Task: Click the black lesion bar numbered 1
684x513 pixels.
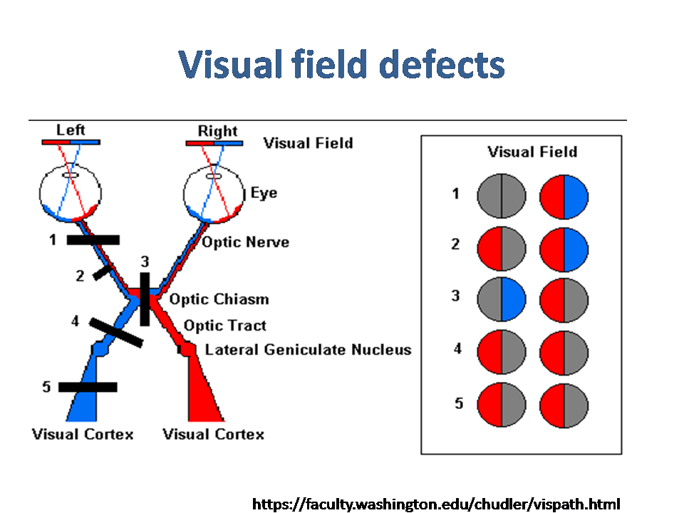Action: pyautogui.click(x=93, y=240)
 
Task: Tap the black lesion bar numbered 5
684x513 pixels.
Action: pyautogui.click(x=88, y=387)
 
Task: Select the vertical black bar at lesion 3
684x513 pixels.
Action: pyautogui.click(x=145, y=299)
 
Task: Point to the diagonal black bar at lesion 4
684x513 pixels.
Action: pyautogui.click(x=116, y=333)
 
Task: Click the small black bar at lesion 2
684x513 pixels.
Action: pyautogui.click(x=103, y=271)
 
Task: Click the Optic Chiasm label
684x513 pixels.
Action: pyautogui.click(x=219, y=299)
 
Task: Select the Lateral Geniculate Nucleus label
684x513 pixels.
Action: pyautogui.click(x=308, y=349)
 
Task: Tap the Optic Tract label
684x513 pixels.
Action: pyautogui.click(x=224, y=326)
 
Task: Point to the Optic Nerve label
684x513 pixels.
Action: pyautogui.click(x=246, y=242)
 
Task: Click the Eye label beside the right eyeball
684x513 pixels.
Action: pyautogui.click(x=264, y=193)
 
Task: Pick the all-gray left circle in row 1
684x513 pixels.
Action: pyautogui.click(x=501, y=196)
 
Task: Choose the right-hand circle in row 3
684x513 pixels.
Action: pyautogui.click(x=564, y=301)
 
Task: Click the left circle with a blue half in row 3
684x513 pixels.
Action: pyautogui.click(x=501, y=300)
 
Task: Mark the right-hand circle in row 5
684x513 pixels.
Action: pyautogui.click(x=564, y=405)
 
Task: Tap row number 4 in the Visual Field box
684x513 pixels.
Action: pyautogui.click(x=457, y=348)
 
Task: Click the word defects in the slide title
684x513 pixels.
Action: pyautogui.click(x=442, y=64)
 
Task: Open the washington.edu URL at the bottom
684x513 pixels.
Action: pyautogui.click(x=436, y=504)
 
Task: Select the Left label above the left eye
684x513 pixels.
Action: pyautogui.click(x=71, y=130)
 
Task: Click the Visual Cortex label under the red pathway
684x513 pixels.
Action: pyautogui.click(x=213, y=434)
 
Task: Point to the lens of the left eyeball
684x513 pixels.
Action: pyautogui.click(x=71, y=175)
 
